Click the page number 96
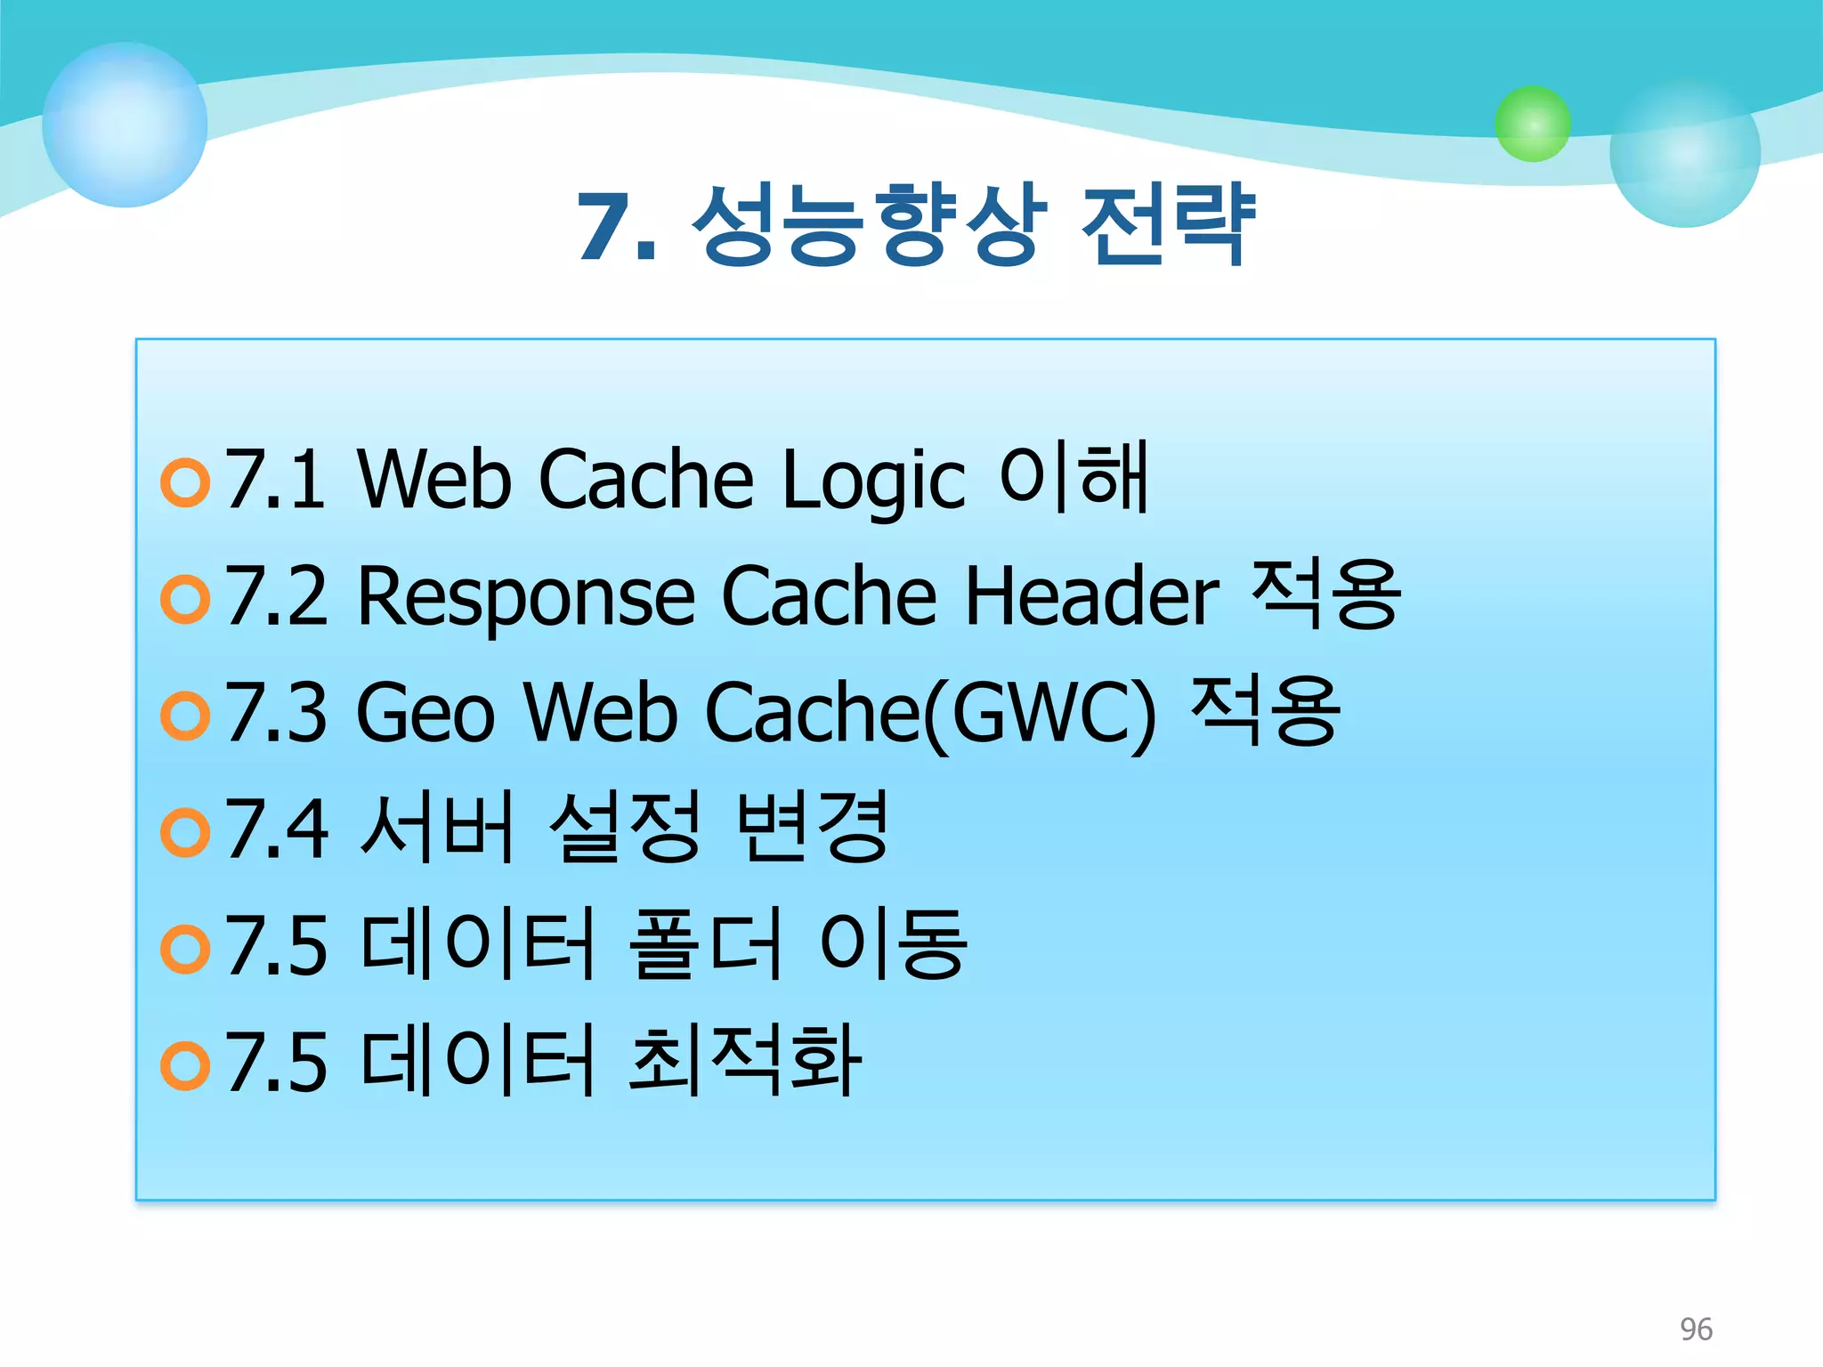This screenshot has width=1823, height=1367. [x=1696, y=1329]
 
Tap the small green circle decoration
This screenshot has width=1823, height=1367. [x=1532, y=124]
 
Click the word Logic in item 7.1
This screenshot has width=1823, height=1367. [x=873, y=481]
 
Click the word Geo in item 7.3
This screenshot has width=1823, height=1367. [x=425, y=713]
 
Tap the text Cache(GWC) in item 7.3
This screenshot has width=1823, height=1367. [x=930, y=713]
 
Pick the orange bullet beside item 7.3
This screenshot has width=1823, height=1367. [x=185, y=716]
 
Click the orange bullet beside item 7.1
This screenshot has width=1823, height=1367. [x=185, y=482]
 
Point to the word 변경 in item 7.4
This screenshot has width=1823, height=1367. [x=813, y=827]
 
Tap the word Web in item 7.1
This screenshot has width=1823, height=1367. [x=433, y=481]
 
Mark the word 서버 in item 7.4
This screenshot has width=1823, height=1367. [x=437, y=828]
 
